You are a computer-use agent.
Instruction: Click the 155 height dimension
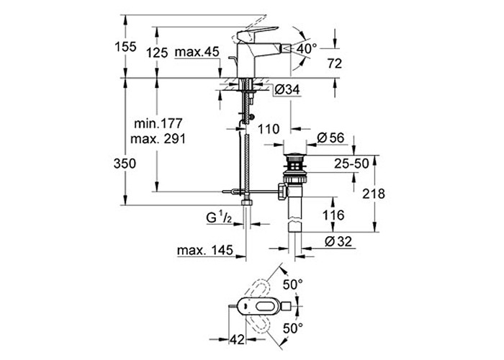(126, 47)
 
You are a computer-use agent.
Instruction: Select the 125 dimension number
(157, 53)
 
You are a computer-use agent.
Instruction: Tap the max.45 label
(197, 52)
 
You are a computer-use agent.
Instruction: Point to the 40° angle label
(306, 49)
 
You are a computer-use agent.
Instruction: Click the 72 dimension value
(335, 63)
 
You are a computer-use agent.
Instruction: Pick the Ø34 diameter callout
(287, 89)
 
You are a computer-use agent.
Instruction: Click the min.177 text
(158, 123)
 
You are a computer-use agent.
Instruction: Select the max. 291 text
(158, 139)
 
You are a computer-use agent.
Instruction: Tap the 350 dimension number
(125, 163)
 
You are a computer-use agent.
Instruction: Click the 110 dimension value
(269, 129)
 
